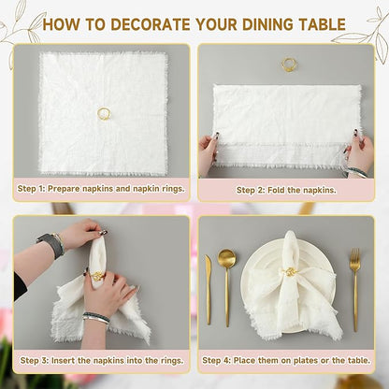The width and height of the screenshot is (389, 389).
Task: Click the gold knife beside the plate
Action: coord(208,290)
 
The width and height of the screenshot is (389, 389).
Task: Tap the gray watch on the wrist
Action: coord(50,244)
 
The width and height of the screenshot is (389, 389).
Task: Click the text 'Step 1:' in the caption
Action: coord(31,189)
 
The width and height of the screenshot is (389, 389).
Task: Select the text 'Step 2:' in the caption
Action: coord(251,190)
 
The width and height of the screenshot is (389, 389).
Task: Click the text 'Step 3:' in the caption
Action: coord(34,361)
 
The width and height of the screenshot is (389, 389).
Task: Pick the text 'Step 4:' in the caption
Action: coord(216,361)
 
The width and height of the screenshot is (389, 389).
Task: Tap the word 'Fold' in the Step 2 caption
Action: coord(276,190)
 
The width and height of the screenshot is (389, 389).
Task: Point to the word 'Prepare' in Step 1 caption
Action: coord(64,189)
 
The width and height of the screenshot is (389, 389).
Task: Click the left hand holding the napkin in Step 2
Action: coord(209,153)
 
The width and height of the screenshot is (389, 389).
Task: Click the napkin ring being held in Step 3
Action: coord(96,276)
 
